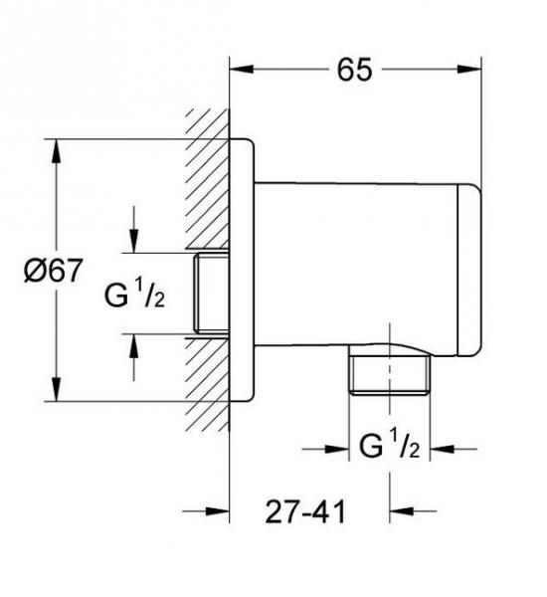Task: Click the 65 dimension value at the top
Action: [354, 70]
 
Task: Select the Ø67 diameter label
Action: [53, 271]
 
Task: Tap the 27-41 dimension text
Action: [305, 511]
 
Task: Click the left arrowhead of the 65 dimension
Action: [242, 70]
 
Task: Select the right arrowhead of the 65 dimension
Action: [469, 70]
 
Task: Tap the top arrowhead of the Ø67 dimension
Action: [57, 151]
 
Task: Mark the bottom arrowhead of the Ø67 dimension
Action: [57, 389]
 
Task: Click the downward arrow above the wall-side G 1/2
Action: [133, 229]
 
